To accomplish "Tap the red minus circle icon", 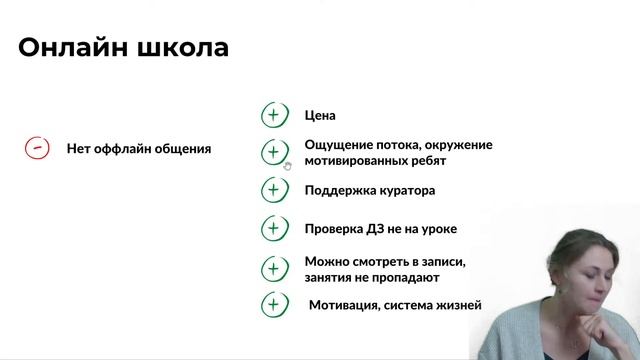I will tap(37, 148).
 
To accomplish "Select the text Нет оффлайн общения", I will tap(138, 149).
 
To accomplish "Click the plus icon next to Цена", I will tap(273, 115).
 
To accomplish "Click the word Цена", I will tap(320, 115).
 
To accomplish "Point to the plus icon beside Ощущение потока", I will tap(273, 152).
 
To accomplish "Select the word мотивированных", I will tap(360, 160).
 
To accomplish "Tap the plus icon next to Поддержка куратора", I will tap(273, 190).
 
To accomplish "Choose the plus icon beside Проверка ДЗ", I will tap(273, 229).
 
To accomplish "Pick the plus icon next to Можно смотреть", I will tap(273, 269).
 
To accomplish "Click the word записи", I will tap(441, 262).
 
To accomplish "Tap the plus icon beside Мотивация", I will tap(273, 305).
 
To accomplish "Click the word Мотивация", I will tap(345, 305).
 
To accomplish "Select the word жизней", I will tap(459, 305).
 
